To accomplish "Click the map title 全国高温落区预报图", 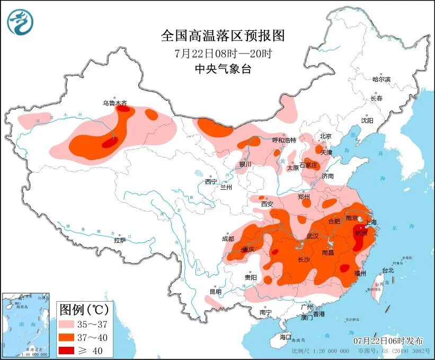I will tap(223, 36).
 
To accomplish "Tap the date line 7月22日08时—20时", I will tap(223, 54).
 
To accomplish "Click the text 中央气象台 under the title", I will tap(223, 69).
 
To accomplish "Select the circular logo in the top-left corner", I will tap(21, 22).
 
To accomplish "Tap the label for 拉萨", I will tap(120, 240).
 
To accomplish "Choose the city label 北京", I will tap(325, 136).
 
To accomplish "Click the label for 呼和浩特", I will tap(284, 140).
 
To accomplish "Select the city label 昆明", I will tap(215, 292).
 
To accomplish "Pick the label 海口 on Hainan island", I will tap(286, 337).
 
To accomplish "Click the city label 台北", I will tap(388, 270).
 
